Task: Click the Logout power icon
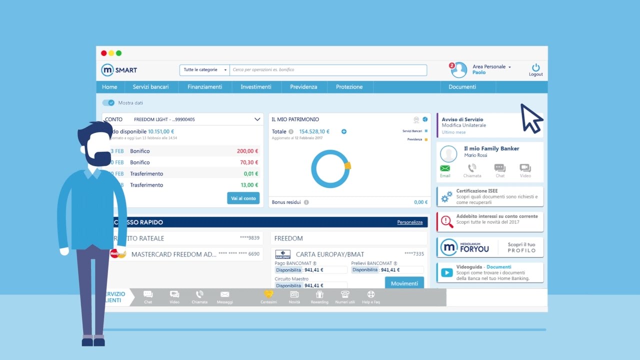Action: coord(535,67)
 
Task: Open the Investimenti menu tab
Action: coord(256,87)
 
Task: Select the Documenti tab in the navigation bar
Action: coord(462,87)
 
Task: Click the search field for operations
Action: coord(329,70)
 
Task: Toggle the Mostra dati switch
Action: coord(108,103)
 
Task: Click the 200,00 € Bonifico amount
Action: coord(247,151)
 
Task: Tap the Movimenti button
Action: coord(404,283)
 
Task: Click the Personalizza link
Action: coord(409,222)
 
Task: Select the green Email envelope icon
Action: coord(445,168)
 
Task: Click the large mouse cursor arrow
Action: coord(531,118)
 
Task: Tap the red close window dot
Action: coord(104,53)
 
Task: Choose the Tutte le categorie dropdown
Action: coord(204,70)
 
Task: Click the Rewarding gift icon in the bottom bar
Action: coord(319,294)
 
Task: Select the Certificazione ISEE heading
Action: coord(476,191)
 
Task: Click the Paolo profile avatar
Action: coord(459,70)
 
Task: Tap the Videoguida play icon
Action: coord(447,273)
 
